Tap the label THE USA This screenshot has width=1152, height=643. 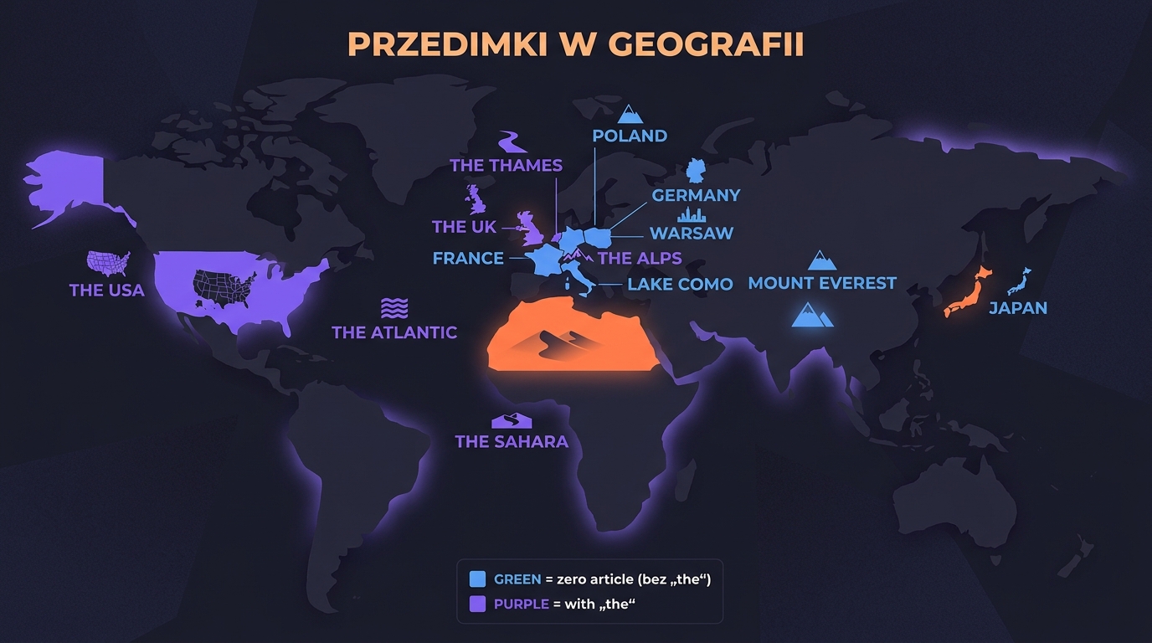coord(106,291)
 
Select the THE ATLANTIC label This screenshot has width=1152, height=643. coord(394,332)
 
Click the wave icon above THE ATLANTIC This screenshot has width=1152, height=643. coord(393,307)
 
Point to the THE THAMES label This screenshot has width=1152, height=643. coord(506,165)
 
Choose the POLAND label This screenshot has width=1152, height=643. coord(630,136)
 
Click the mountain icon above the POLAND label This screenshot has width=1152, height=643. coord(630,114)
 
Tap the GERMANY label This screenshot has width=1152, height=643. coord(696,195)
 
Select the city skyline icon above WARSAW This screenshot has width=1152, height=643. coord(692,215)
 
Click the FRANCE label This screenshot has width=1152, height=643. coord(468,258)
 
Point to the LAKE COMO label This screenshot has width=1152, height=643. coord(680,284)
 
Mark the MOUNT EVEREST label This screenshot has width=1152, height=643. coord(822,283)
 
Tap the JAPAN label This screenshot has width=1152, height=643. coord(1018,307)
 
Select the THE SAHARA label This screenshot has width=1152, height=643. coord(512,441)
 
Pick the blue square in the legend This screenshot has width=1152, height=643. coord(478,579)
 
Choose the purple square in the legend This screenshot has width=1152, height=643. coord(478,604)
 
